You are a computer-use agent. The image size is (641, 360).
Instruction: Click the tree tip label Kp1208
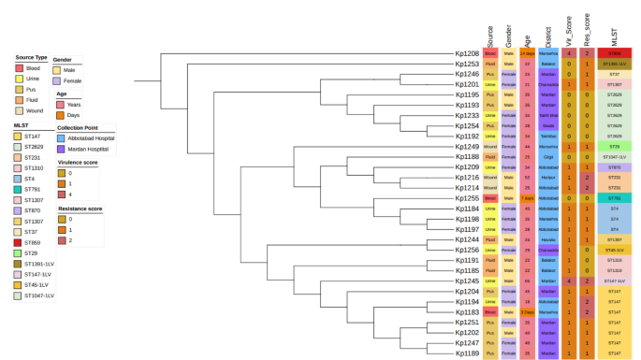coord(467,53)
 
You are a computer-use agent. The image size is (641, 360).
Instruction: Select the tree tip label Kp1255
coord(467,198)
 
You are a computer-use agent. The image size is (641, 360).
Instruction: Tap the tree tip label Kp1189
coord(467,353)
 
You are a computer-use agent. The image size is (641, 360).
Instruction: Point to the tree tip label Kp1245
coord(467,281)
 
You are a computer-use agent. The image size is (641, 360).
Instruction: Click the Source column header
coord(490,35)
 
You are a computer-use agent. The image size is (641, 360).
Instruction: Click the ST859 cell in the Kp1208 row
coord(614,53)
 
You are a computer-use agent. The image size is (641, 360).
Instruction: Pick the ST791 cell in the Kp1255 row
coord(614,198)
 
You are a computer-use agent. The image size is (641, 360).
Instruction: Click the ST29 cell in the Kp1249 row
coord(614,147)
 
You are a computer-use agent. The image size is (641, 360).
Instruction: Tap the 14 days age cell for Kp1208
coord(528,53)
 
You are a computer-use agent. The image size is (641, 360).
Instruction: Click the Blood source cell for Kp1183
coord(490,312)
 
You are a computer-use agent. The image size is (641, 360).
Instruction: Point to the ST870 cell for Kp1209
coord(614,167)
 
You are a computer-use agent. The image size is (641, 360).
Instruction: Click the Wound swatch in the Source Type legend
coord(20,111)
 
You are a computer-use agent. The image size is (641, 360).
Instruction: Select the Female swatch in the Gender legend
coord(58,81)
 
